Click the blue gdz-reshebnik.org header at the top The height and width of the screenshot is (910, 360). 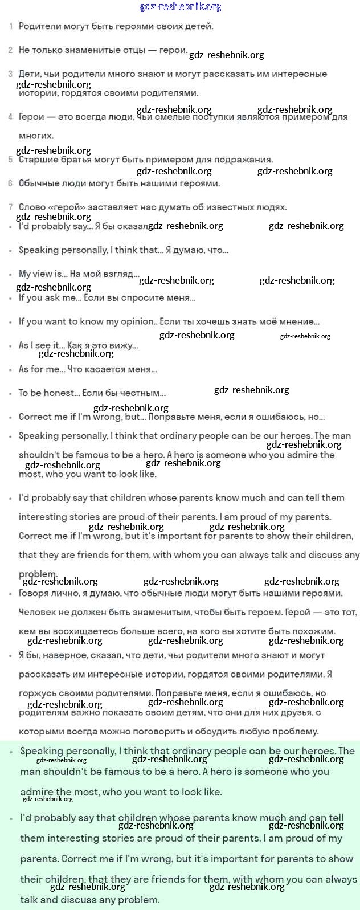click(180, 7)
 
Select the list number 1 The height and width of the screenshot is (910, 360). click(11, 27)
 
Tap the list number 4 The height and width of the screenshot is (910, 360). click(10, 117)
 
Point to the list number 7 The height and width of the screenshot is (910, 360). click(10, 207)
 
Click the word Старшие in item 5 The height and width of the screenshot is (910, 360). click(38, 160)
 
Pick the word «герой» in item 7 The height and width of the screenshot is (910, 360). click(65, 207)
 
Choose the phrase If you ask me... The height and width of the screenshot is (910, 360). click(49, 297)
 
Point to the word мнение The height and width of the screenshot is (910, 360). click(300, 321)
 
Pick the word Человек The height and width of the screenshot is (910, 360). click(39, 613)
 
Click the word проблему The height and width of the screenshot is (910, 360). click(291, 731)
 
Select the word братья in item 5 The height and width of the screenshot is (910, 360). click(75, 160)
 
